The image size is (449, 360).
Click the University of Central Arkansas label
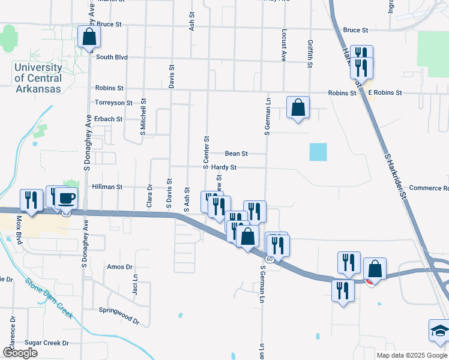pyautogui.click(x=38, y=79)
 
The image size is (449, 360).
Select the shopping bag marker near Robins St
pyautogui.click(x=298, y=108)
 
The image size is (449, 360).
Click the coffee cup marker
pyautogui.click(x=67, y=198)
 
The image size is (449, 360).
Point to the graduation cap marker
pyautogui.click(x=439, y=331)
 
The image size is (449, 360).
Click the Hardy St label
pyautogui.click(x=223, y=167)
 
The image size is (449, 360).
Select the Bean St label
pyautogui.click(x=236, y=154)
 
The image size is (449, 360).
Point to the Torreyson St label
pyautogui.click(x=113, y=103)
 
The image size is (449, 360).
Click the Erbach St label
pyautogui.click(x=108, y=119)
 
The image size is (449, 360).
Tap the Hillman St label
pyautogui.click(x=107, y=187)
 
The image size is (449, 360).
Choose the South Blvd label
pyautogui.click(x=112, y=57)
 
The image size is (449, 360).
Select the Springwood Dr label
pyautogui.click(x=119, y=311)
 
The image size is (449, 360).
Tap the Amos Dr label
pyautogui.click(x=119, y=266)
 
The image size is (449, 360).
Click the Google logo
pyautogui.click(x=20, y=353)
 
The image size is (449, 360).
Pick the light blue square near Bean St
pyautogui.click(x=318, y=152)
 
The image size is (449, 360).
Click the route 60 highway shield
pyautogui.click(x=270, y=259)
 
